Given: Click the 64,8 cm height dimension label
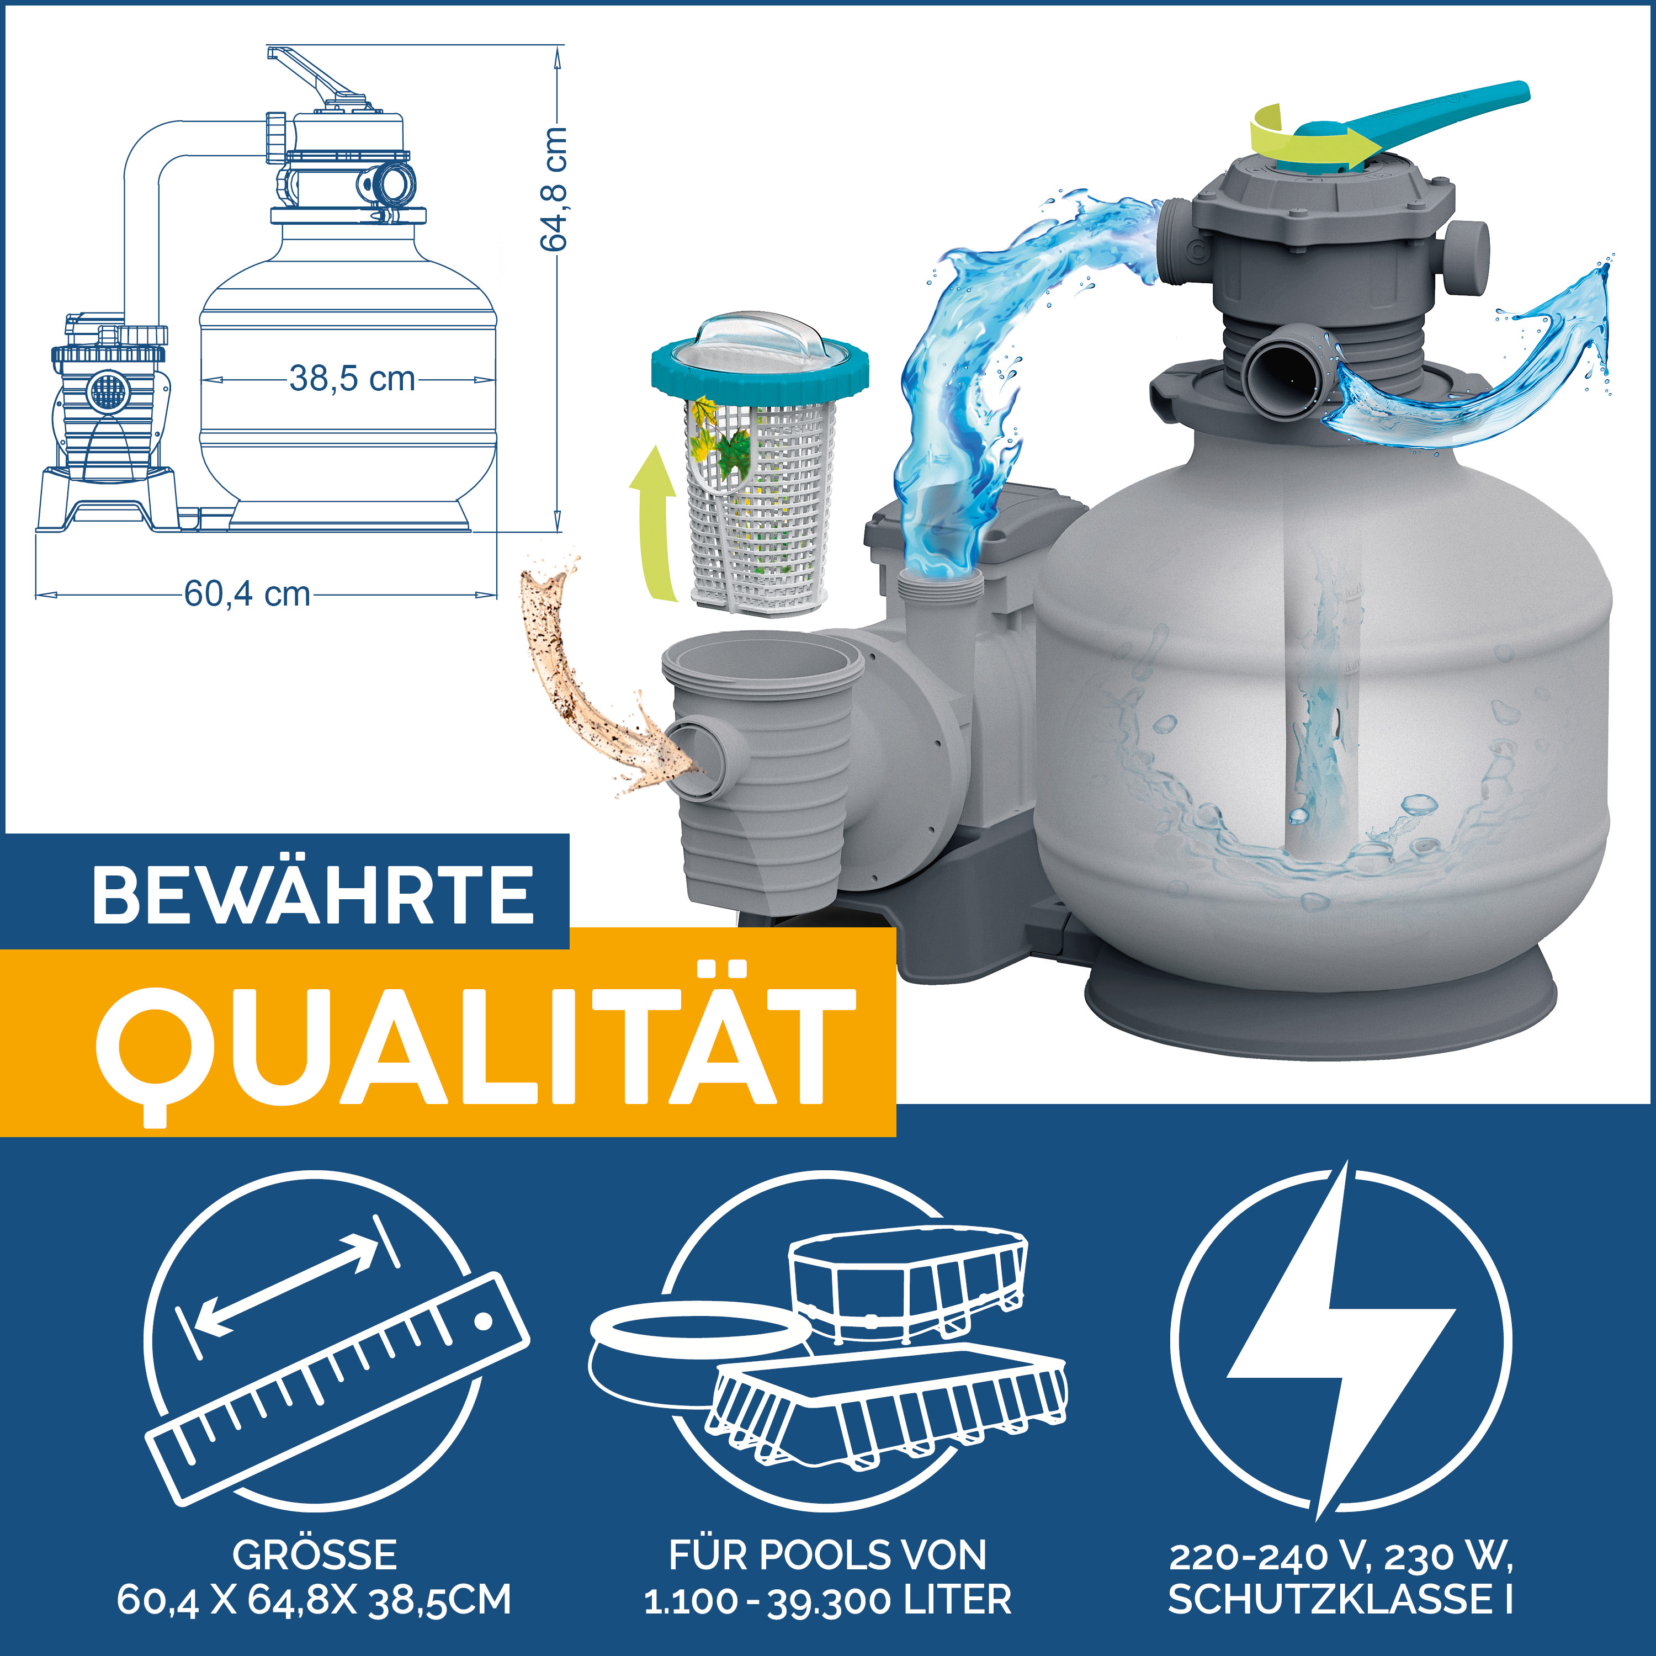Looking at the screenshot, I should pyautogui.click(x=555, y=189).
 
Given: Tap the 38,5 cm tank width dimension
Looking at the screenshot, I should pyautogui.click(x=352, y=379).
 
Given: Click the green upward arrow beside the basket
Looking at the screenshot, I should pyautogui.click(x=653, y=523).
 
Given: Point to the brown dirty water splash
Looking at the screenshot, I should pyautogui.click(x=583, y=686).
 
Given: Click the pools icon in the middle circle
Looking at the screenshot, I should pyautogui.click(x=827, y=1346).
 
